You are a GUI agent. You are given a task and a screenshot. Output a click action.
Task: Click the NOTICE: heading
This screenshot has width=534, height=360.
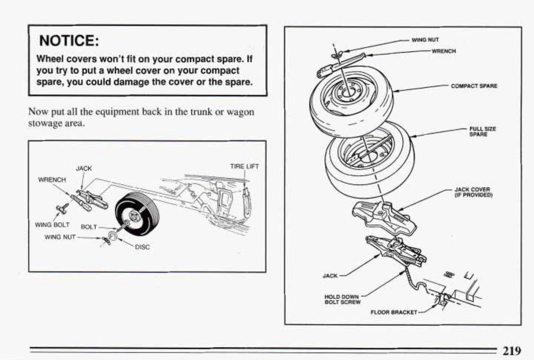(69, 40)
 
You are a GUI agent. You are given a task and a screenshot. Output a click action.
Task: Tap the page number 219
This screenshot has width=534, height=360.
(512, 350)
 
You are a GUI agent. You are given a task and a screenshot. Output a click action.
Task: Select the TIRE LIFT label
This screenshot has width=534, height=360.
(244, 166)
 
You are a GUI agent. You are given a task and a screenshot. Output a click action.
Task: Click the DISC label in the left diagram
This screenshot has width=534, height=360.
(142, 247)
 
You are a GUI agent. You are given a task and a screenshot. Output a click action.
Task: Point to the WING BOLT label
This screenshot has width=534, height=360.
(52, 225)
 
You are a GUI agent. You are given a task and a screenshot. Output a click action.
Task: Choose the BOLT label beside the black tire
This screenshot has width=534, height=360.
(89, 227)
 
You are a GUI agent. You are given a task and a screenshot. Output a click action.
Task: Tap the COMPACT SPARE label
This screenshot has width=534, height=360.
(474, 86)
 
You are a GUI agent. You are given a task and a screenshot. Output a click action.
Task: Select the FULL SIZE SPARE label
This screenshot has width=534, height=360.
(482, 131)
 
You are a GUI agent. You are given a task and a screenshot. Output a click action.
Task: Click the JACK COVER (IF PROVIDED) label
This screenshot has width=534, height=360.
(473, 192)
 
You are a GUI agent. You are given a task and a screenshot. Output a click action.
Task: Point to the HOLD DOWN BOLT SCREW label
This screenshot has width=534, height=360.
(342, 300)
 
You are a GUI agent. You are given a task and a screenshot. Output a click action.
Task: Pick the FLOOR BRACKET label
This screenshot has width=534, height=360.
(394, 312)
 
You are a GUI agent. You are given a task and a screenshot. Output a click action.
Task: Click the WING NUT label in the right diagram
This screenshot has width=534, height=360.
(425, 40)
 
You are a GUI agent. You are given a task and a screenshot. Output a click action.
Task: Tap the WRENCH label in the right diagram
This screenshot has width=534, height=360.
(443, 51)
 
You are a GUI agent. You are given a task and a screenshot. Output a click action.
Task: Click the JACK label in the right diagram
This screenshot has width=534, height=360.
(330, 276)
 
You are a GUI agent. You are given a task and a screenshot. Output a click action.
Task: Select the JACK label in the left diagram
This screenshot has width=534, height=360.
(84, 168)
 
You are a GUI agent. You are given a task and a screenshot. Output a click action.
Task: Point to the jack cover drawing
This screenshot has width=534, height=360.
(382, 219)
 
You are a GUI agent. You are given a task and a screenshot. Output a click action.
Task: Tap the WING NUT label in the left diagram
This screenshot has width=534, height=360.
(60, 237)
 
